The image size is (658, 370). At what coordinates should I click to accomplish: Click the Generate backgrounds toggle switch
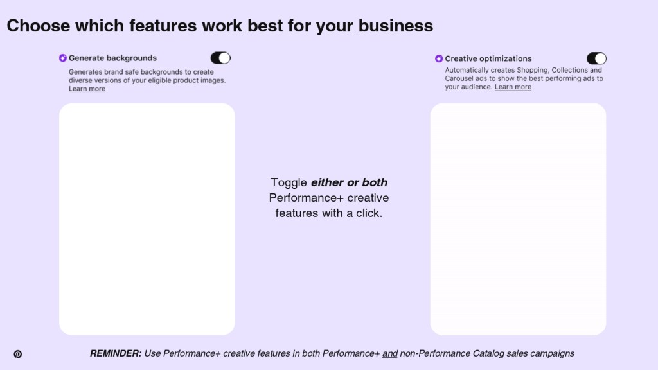pos(220,58)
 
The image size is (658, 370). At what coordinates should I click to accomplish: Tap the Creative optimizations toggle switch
pos(596,58)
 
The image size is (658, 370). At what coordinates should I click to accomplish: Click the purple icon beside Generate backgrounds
pos(63,58)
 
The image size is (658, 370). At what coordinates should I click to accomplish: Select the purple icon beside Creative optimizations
pos(439,58)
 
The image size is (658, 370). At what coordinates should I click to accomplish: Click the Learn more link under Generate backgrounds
pos(87,89)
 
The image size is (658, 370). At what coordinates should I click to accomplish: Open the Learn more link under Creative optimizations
pos(513,87)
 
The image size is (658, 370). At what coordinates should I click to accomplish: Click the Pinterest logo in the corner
pos(17,354)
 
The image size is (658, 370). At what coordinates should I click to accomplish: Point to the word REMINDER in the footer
pos(116,353)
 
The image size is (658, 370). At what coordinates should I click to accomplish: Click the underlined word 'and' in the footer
pos(390,353)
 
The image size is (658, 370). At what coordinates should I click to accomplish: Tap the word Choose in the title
pos(39,26)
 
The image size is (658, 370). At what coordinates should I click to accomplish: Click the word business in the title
pos(396,26)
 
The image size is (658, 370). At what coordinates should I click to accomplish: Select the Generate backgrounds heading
pos(112,58)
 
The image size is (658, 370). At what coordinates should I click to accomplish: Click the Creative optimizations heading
pos(488,58)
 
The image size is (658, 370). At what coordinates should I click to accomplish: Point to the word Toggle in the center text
pos(289,182)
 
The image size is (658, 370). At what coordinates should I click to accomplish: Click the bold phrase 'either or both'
pos(349,182)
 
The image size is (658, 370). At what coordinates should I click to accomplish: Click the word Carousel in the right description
pos(459,78)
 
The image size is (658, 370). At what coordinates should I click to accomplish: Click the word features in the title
pos(163,26)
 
